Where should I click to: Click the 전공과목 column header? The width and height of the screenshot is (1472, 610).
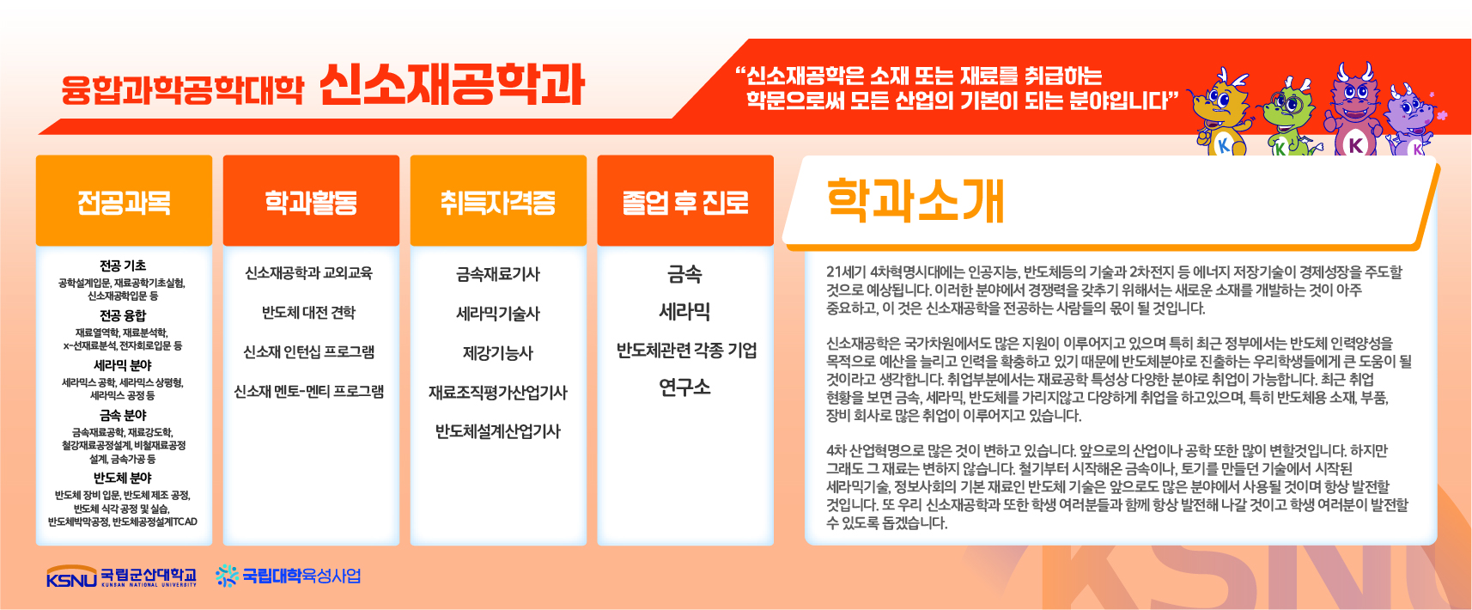tap(125, 202)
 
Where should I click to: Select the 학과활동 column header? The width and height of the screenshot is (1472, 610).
tap(311, 202)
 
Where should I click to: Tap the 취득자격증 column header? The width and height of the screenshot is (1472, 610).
tap(498, 202)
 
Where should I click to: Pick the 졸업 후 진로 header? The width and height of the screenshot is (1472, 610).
tap(685, 202)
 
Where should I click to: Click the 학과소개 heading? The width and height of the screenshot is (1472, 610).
tap(915, 201)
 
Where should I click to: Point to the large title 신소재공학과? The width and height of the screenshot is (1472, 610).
tap(452, 85)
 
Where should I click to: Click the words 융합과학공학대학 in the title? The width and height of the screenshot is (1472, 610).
tap(182, 90)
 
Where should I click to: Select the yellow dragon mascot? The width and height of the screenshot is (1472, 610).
tap(1221, 112)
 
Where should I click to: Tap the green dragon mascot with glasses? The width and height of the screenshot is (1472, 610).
tap(1288, 117)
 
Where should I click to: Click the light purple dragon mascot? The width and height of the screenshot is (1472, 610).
tap(1412, 119)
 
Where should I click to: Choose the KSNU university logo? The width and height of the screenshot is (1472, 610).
tap(122, 576)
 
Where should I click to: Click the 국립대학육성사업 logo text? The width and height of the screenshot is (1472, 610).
tap(289, 576)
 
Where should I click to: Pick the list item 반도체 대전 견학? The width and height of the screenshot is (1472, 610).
tap(308, 312)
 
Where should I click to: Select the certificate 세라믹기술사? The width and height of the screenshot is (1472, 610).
tap(498, 314)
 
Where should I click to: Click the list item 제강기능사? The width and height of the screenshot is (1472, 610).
tap(498, 353)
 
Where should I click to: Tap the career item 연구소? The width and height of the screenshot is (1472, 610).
tap(684, 387)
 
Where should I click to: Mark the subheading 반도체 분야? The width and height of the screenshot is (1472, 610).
tap(123, 478)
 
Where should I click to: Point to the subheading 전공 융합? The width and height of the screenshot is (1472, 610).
tap(123, 315)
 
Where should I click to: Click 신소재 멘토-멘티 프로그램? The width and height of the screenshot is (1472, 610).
tap(309, 392)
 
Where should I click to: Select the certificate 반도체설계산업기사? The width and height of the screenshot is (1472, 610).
tap(498, 432)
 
